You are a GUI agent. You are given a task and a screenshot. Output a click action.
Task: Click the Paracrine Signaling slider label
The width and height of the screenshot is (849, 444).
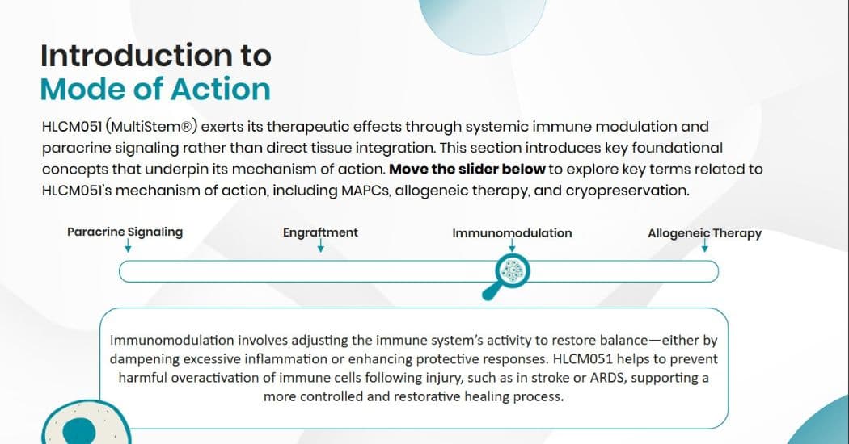(x=125, y=232)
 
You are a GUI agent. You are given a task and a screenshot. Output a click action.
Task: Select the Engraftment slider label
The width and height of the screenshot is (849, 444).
(x=320, y=232)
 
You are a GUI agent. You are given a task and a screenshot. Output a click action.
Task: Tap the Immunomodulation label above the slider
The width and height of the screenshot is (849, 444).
(x=512, y=233)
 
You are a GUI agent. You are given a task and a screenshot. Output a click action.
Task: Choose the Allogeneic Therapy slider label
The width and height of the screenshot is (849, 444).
(x=704, y=233)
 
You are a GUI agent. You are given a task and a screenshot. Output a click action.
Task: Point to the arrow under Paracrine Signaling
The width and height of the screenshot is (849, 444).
(x=127, y=247)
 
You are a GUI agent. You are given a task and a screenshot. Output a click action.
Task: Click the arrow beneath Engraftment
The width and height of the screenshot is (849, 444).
(x=321, y=247)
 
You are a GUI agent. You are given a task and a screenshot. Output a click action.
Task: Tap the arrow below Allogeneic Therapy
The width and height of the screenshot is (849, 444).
(x=705, y=247)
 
